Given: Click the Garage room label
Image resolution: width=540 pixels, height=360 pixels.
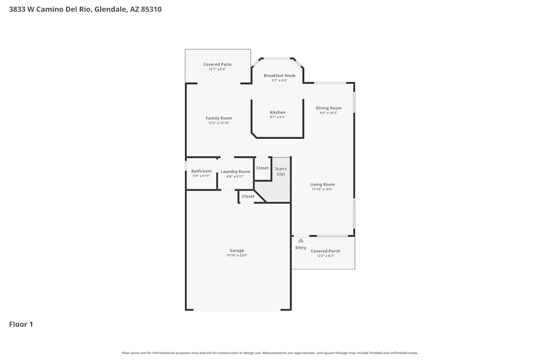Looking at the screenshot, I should [x=237, y=250].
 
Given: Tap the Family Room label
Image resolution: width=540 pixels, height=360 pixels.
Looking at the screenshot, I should [x=219, y=118].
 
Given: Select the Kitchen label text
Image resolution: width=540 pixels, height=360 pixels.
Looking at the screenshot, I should [x=278, y=112].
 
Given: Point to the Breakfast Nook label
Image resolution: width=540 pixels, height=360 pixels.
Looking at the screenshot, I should [x=279, y=76].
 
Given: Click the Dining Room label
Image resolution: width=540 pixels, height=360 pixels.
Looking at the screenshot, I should [x=328, y=108].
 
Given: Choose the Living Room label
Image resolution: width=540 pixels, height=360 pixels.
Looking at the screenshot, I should [x=322, y=185].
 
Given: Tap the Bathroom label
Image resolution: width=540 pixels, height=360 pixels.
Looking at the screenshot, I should [x=201, y=171].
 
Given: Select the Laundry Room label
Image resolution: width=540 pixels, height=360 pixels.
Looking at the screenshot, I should [x=235, y=172].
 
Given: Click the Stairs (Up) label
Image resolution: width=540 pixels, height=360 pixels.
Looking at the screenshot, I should [x=281, y=171].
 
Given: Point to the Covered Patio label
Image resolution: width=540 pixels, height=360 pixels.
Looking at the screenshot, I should [x=217, y=64].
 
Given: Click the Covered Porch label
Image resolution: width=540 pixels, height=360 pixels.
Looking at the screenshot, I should [x=325, y=251].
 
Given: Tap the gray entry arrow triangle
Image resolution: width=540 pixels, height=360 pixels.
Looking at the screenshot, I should [x=301, y=240].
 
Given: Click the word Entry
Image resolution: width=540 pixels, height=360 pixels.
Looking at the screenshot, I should [x=301, y=248].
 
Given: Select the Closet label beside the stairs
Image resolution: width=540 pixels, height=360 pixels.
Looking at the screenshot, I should [x=262, y=168].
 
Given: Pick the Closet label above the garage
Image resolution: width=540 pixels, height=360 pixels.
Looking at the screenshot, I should [x=248, y=196].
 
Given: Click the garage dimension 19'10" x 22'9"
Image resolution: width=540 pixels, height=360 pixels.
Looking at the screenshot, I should [x=237, y=255].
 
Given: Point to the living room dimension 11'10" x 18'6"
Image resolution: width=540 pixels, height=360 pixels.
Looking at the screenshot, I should [x=322, y=189].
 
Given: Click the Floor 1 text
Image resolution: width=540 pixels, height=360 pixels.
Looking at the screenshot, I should [x=21, y=324].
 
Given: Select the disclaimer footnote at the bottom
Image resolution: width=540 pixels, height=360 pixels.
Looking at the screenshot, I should [x=270, y=353].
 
